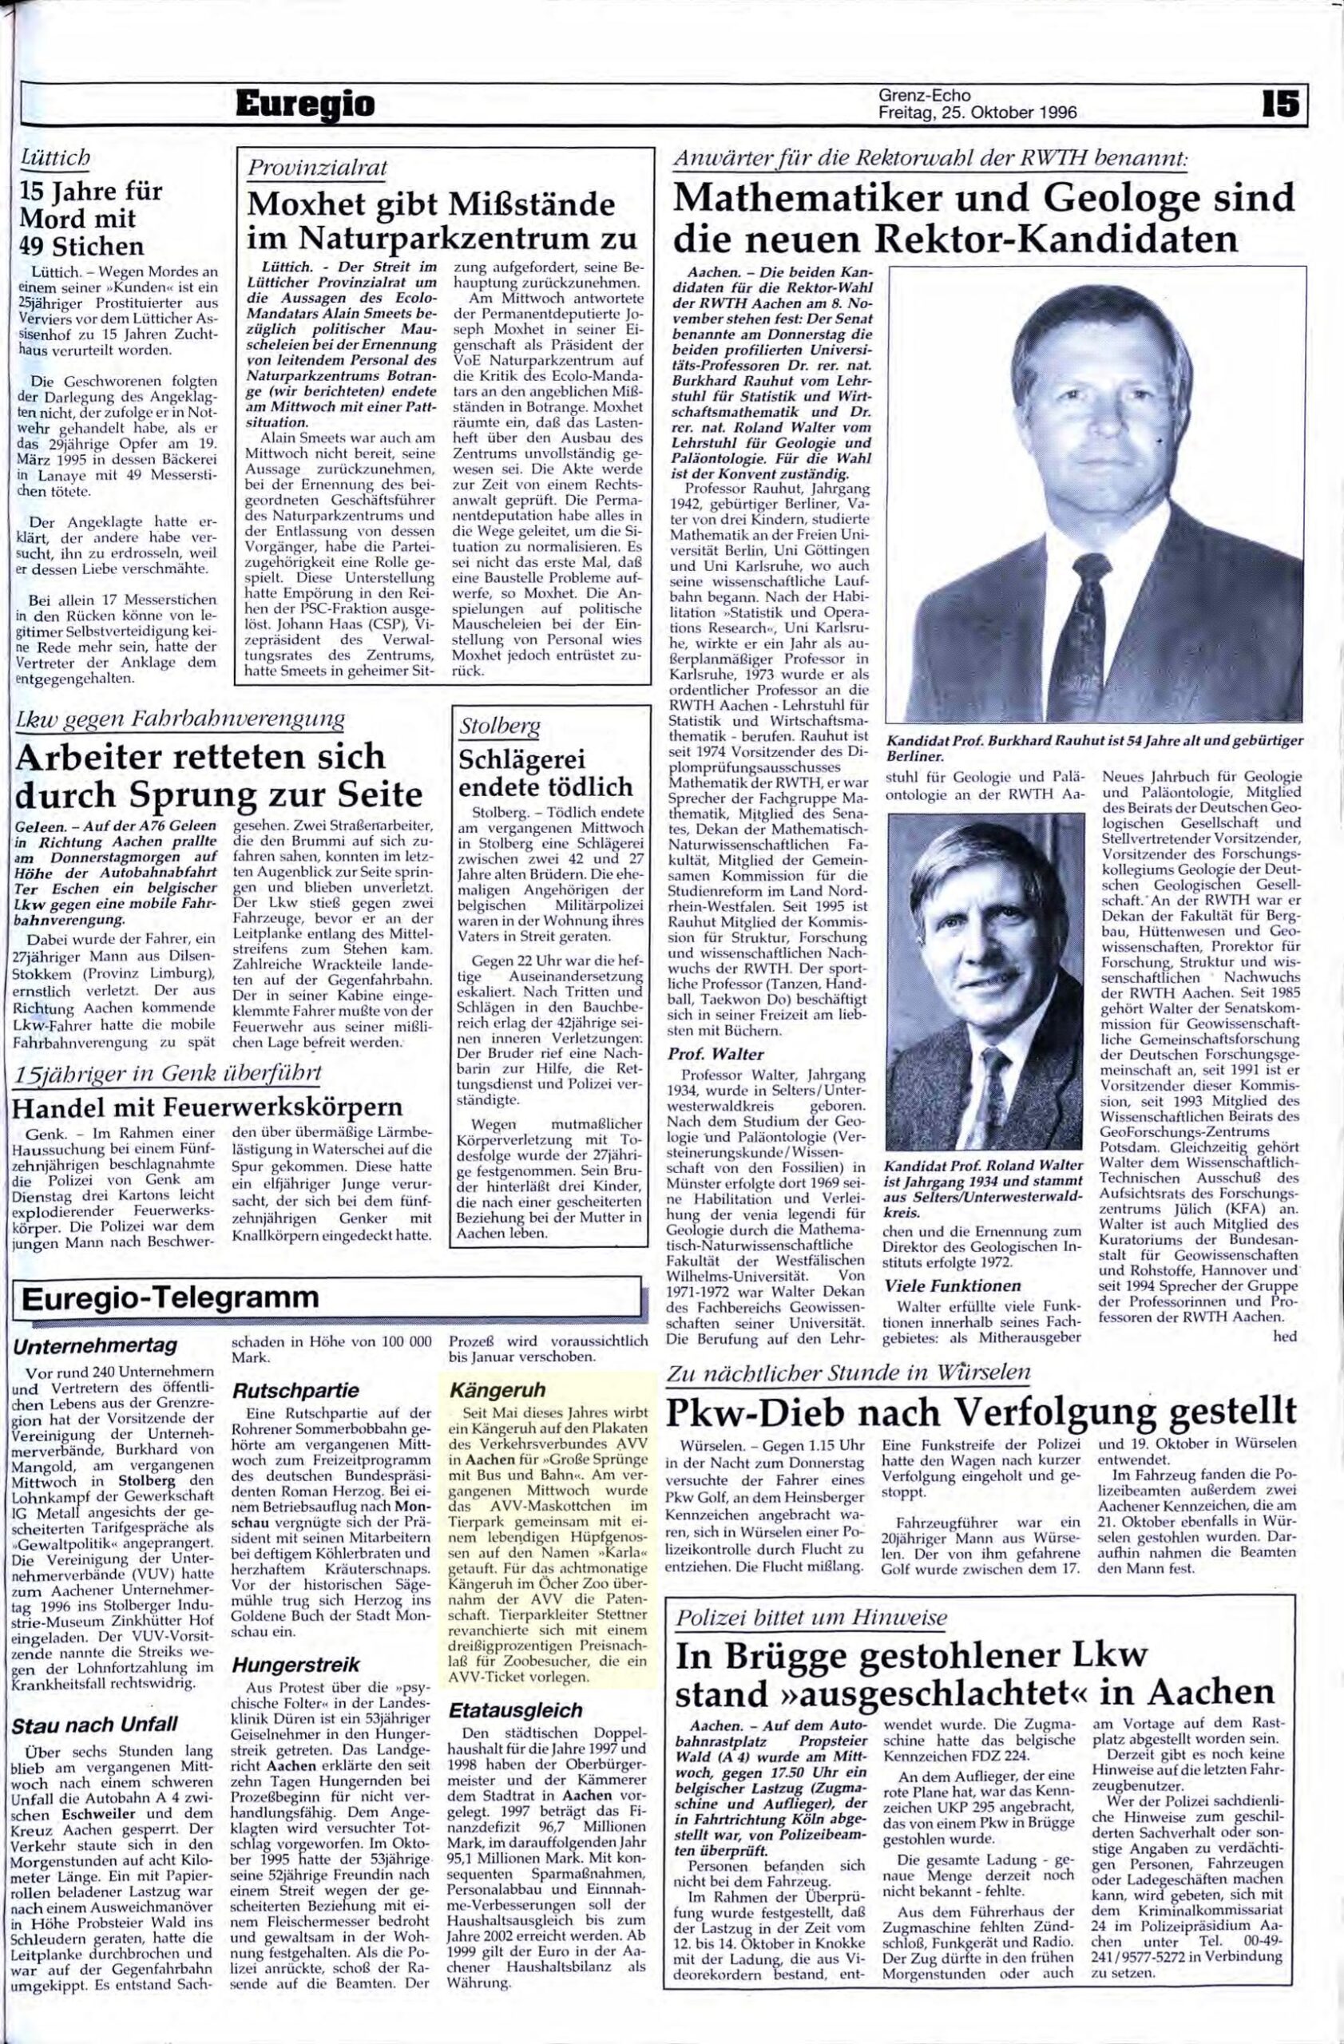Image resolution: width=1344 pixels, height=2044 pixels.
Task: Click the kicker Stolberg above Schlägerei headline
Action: pos(500,727)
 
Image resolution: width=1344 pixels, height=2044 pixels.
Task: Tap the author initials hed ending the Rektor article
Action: pos(1285,1337)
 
